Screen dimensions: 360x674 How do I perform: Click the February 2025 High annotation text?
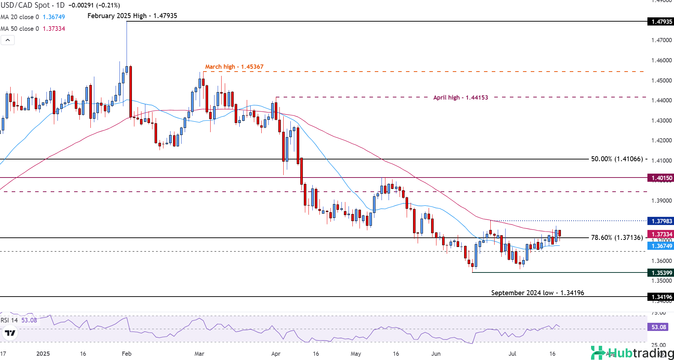(132, 16)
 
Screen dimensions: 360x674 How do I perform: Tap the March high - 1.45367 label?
(234, 67)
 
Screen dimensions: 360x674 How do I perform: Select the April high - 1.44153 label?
(460, 97)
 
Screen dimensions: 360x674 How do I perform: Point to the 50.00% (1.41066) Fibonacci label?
(617, 159)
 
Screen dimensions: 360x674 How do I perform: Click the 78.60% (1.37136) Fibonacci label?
(617, 238)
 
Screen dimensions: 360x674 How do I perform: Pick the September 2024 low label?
(537, 293)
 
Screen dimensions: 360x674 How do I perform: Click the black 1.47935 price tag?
(660, 22)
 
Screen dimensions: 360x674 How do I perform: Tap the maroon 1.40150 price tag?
(660, 178)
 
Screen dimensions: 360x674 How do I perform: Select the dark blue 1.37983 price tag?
(660, 221)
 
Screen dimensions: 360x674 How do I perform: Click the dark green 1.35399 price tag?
(660, 273)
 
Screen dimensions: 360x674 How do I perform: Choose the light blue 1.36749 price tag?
(660, 246)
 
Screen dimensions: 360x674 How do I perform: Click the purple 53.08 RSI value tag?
(658, 327)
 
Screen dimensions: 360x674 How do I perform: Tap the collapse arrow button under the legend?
(8, 40)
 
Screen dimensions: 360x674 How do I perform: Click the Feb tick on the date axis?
(127, 354)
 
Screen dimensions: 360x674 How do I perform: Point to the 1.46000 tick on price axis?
(661, 61)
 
